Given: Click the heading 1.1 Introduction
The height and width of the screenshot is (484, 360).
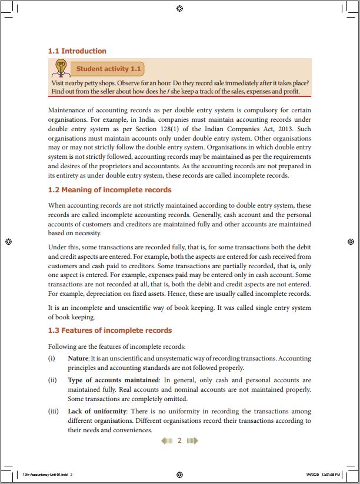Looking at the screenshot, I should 77,51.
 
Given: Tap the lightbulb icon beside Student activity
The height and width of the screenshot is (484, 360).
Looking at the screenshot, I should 59,69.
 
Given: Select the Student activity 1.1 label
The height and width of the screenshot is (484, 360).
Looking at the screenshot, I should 109,69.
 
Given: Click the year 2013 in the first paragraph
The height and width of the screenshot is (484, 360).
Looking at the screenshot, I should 285,128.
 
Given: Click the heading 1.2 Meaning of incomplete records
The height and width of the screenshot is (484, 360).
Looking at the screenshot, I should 109,190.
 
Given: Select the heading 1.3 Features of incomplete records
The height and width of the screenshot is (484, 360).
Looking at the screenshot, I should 109,331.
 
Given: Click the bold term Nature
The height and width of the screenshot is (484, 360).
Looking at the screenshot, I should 78,358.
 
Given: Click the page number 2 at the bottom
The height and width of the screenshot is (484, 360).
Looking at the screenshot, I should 179,440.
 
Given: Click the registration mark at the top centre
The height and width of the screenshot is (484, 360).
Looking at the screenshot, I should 179,8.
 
